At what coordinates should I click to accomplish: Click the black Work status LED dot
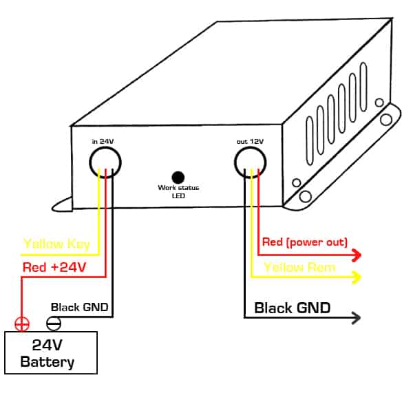pos(178,176)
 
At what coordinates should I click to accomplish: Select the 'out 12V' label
pos(250,141)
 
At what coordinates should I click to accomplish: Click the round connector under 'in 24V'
pos(105,162)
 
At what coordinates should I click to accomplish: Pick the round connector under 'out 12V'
pos(250,162)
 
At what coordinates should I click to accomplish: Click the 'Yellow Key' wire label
pos(56,244)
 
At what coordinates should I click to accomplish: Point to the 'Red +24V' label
pos(54,267)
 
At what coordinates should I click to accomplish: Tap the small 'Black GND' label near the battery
pos(80,307)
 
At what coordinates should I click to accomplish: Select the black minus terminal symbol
pos(53,324)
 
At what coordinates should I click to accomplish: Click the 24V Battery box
pos(51,352)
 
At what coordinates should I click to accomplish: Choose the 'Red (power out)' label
pos(305,242)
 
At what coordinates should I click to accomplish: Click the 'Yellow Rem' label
pos(300,267)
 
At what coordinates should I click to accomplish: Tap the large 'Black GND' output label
pos(293,308)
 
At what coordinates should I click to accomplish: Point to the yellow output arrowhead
pos(357,277)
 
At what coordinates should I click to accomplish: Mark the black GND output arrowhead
pos(357,318)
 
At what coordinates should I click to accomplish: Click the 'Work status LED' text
pos(178,191)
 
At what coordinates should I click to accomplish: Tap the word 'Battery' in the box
pos(47,362)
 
